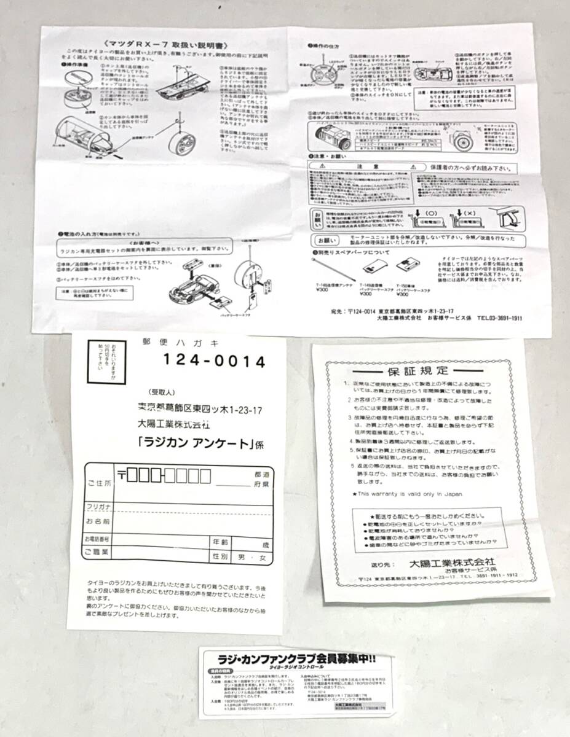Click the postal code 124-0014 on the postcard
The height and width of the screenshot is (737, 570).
(x=213, y=362)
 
